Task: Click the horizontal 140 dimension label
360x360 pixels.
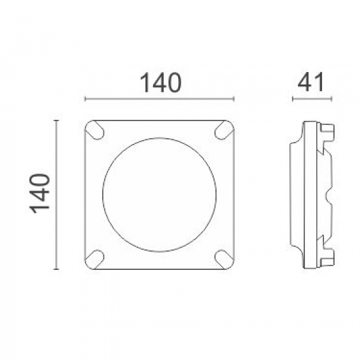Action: (x=160, y=84)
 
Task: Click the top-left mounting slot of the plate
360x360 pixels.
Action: (x=96, y=130)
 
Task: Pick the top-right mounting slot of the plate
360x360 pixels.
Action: (x=224, y=130)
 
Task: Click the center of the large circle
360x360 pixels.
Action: (x=160, y=193)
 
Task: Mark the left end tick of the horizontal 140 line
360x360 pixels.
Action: (x=86, y=100)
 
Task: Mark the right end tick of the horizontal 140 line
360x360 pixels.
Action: (x=234, y=100)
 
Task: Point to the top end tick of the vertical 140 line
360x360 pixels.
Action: (x=58, y=120)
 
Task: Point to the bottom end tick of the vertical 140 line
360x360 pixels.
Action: (x=58, y=268)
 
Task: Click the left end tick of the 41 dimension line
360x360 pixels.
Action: (x=293, y=100)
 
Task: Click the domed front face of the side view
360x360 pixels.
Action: (x=293, y=194)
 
